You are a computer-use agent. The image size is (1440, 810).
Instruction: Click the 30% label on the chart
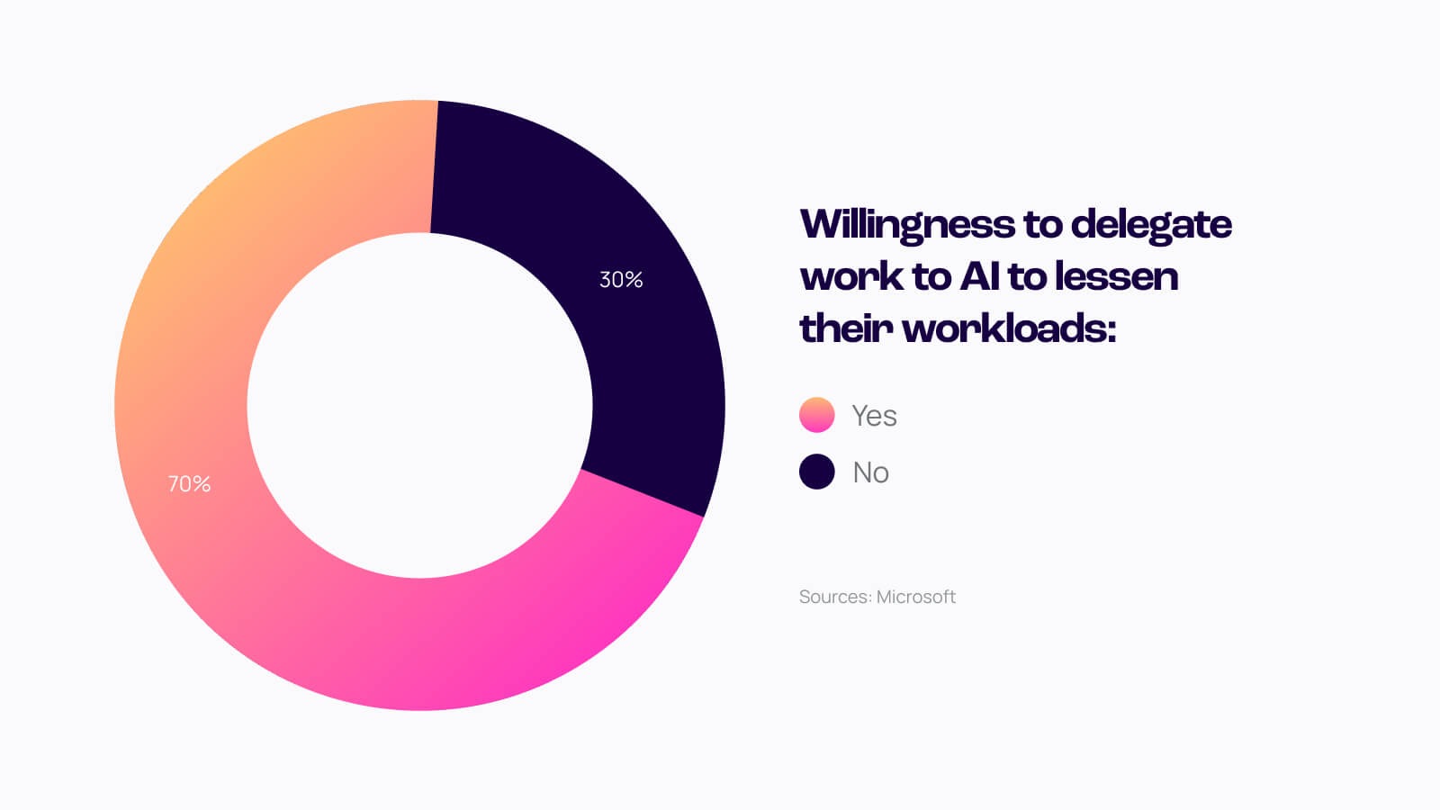tap(621, 280)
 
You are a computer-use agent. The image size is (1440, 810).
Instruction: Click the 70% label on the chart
tap(189, 484)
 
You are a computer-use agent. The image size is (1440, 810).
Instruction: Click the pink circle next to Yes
tap(816, 415)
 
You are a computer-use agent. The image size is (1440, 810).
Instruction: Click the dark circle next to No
tap(816, 472)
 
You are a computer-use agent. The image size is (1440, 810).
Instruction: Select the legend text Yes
tap(874, 416)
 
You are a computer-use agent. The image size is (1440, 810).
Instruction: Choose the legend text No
tap(870, 472)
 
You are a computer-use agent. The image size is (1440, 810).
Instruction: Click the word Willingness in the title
tap(906, 224)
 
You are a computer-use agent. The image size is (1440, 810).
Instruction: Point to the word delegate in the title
tap(1151, 224)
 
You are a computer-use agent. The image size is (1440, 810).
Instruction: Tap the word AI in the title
tap(980, 276)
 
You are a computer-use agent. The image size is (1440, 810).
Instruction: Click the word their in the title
tap(846, 328)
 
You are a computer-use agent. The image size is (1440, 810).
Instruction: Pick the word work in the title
tap(851, 276)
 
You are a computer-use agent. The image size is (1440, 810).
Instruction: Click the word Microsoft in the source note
tap(915, 597)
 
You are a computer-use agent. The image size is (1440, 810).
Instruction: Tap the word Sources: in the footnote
tap(835, 597)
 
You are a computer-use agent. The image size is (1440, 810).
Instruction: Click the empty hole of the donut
tap(419, 405)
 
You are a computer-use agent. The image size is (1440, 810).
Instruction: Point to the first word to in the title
tap(1042, 224)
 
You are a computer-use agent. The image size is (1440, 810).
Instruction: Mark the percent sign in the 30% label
tap(634, 280)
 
